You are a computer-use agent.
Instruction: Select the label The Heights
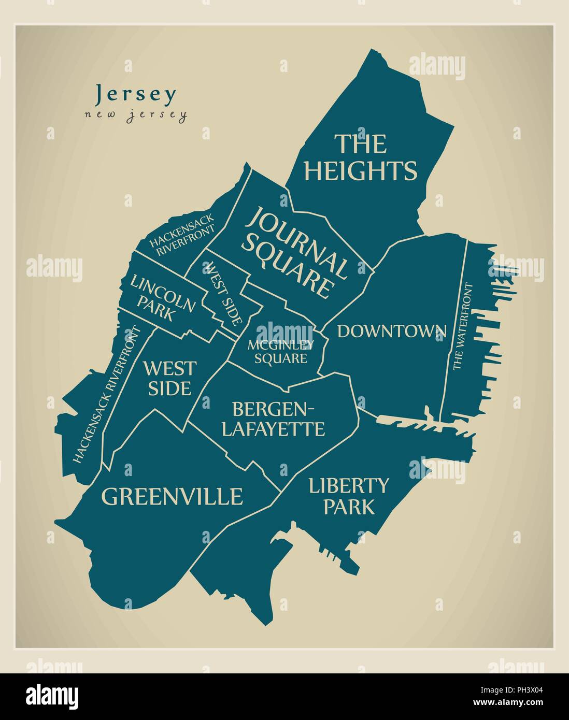coord(360,157)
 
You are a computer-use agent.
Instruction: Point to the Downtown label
coord(392,331)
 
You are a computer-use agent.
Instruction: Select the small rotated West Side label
coord(224,293)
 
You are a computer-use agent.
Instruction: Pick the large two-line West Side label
coord(169,378)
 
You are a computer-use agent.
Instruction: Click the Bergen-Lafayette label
coord(273,419)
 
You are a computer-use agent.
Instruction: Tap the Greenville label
coord(172,496)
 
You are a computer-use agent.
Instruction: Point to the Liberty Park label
coord(348,496)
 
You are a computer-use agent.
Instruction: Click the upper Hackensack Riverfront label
coord(182,237)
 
